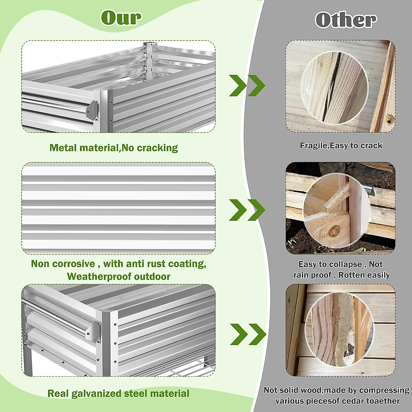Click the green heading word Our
coord(121,18)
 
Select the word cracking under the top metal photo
coord(157,148)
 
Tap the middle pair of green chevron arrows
coord(247,209)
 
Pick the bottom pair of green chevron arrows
coord(248,334)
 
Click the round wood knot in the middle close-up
coord(334,231)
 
